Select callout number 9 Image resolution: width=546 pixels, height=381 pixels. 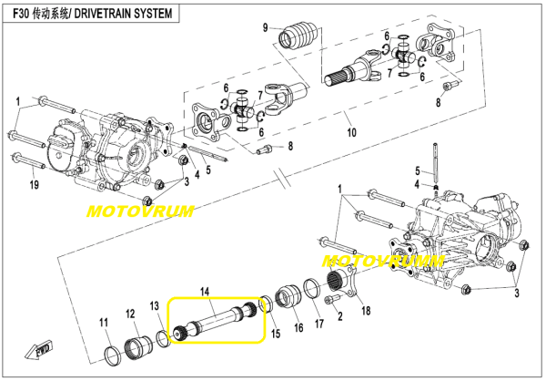tap(266, 27)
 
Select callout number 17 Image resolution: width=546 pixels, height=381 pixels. tap(318, 322)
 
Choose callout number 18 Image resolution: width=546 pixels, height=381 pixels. tap(367, 311)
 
